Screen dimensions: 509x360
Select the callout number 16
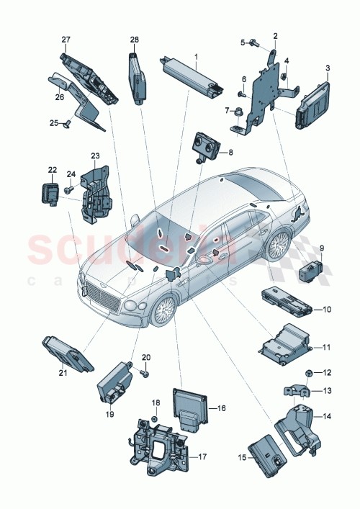[x=221, y=407]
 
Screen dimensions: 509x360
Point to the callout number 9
[x=322, y=248]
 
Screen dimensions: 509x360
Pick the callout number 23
[x=95, y=155]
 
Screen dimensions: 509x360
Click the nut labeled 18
[x=154, y=418]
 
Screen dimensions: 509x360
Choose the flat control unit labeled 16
[x=189, y=409]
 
